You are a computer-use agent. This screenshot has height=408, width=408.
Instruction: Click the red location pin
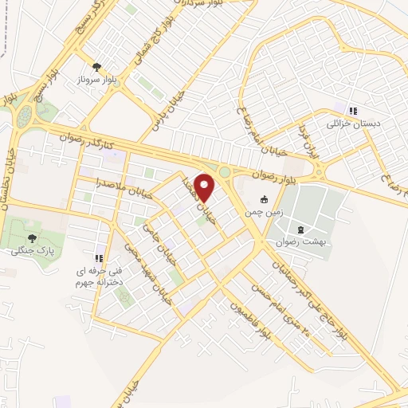coord(205,187)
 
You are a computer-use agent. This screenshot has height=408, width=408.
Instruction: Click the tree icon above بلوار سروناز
coord(97,67)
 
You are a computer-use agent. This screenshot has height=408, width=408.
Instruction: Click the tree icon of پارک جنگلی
coord(33,237)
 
